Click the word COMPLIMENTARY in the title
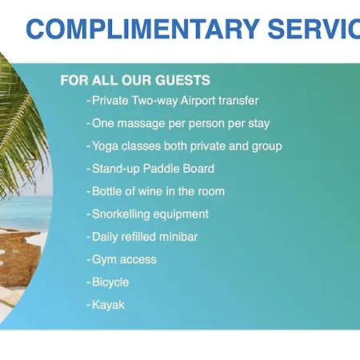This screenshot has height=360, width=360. (142, 29)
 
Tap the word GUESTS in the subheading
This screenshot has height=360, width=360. (182, 80)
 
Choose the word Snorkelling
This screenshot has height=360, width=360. (121, 214)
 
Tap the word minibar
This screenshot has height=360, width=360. (178, 237)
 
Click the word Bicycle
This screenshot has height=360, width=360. (110, 282)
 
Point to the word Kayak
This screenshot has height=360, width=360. (108, 305)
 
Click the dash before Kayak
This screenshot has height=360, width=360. (89, 306)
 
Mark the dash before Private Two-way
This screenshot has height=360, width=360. (89, 102)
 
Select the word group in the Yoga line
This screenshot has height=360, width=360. (267, 146)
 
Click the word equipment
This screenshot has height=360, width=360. (181, 214)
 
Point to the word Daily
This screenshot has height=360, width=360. (105, 237)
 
